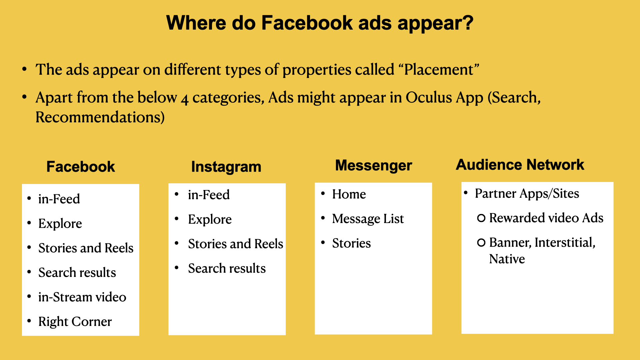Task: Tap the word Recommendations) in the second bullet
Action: coord(100,117)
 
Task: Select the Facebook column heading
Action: coord(81,167)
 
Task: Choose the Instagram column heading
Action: coord(226,167)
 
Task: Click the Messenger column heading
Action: coord(374,166)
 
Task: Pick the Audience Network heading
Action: coord(520,165)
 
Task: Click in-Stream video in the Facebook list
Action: coord(82,297)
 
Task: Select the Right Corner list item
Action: coord(75,322)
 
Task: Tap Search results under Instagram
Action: coord(227,268)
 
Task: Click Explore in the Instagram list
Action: coord(210,220)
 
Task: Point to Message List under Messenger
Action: coord(368,219)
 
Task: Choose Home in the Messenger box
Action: coord(349,194)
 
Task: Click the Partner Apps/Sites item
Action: coord(527,194)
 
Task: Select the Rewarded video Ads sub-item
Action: coord(546,218)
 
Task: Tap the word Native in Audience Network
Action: coord(507,259)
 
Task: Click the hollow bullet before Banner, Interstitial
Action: coord(481,243)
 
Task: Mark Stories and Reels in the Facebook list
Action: coord(86,248)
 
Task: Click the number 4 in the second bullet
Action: coord(185,99)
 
